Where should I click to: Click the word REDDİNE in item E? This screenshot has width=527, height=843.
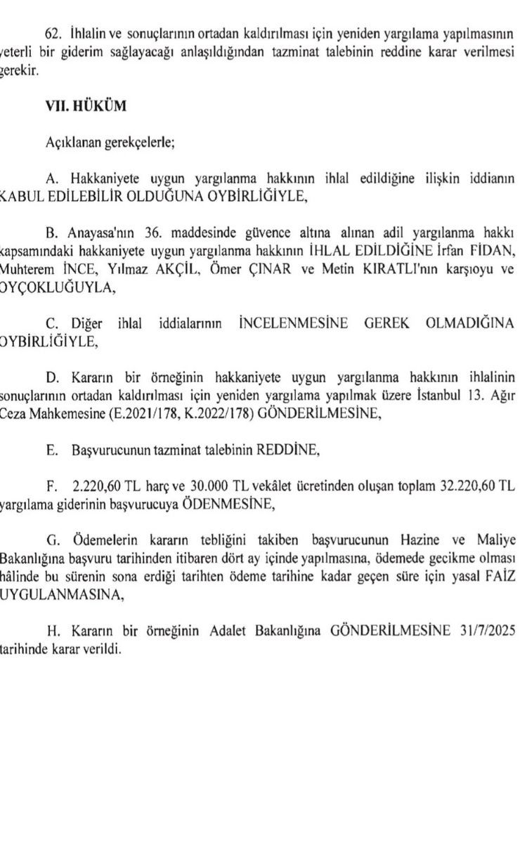tap(290, 450)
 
